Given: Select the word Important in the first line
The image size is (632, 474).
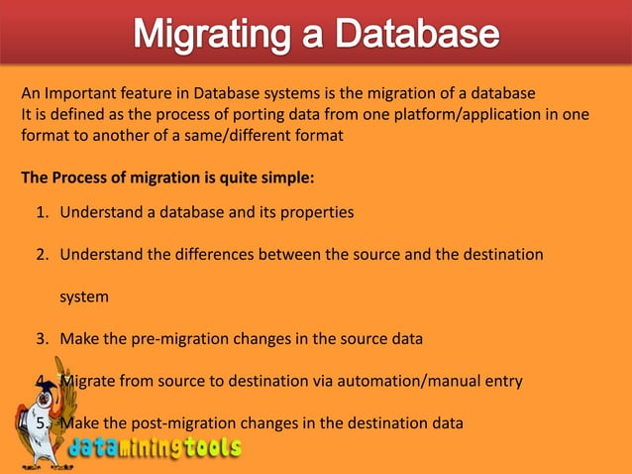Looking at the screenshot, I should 78,93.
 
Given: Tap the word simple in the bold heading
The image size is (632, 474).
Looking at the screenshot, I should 282,178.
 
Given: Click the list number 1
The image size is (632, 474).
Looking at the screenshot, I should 42,212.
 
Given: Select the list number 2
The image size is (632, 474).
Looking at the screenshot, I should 42,254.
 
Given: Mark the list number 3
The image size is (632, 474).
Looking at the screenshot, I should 42,338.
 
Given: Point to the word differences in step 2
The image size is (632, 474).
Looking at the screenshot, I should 201,254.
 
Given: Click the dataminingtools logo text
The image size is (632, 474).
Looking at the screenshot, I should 155,449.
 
